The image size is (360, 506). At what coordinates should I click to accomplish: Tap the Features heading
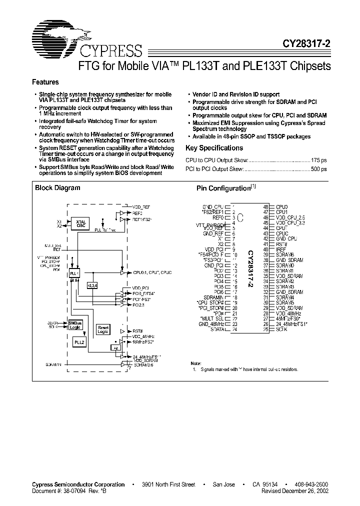tap(45, 82)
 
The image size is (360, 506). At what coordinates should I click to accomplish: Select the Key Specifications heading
tap(214, 148)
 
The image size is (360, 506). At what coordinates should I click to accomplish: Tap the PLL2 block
tap(79, 342)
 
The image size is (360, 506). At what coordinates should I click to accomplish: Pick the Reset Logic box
tap(102, 329)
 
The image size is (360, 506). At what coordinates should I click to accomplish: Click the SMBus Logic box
tap(74, 325)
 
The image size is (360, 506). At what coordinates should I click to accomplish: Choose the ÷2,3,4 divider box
tap(93, 285)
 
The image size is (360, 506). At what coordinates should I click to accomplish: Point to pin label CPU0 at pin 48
tap(282, 206)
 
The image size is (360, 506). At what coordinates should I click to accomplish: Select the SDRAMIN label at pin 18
tap(213, 297)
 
